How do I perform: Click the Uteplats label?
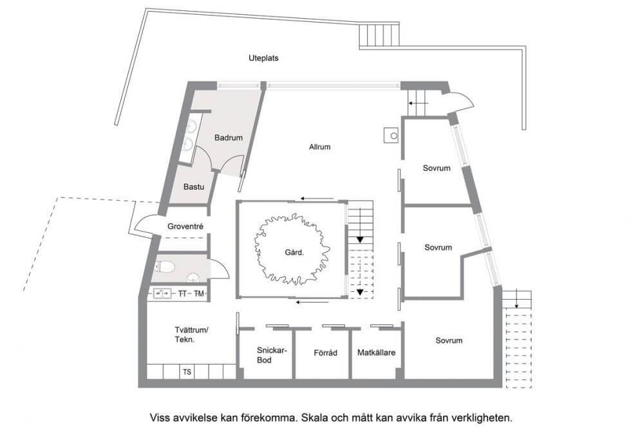263,59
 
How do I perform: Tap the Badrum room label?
228,138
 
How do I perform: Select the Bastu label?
194,187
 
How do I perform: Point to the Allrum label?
319,147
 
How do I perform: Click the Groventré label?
185,226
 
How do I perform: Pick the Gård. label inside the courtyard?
294,253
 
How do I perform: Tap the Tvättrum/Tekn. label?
191,334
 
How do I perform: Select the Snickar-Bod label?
272,355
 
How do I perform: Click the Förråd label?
326,353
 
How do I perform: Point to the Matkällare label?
376,352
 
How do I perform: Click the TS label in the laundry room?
187,372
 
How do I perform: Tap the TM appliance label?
199,294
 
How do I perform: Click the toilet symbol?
164,266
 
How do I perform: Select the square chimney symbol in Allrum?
391,136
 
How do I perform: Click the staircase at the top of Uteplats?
379,35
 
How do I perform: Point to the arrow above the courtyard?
317,199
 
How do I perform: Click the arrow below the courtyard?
312,302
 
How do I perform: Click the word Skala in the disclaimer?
316,417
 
